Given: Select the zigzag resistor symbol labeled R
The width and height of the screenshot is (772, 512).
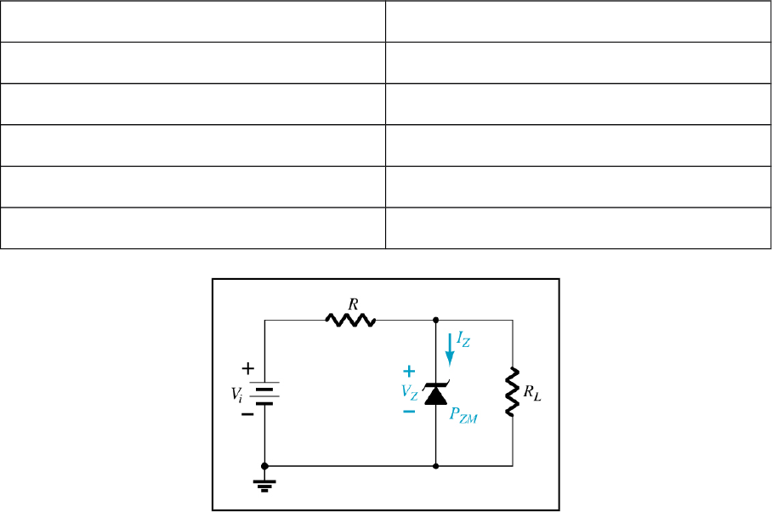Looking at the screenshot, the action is pos(349,321).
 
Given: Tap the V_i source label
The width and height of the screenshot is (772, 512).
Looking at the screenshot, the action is pos(236,394).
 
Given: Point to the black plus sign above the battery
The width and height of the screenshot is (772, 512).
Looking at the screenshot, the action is pos(247,369).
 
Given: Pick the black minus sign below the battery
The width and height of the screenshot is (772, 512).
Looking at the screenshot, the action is pos(247,415).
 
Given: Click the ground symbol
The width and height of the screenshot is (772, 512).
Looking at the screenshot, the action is pos(265,485).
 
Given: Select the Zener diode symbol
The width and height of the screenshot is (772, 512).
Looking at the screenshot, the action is pos(435,394).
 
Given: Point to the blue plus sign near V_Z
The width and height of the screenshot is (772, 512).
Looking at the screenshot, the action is pos(409,371).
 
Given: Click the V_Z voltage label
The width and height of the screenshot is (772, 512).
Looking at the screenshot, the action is pos(411,391).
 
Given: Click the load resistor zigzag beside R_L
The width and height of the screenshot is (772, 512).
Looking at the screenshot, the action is pos(512,391).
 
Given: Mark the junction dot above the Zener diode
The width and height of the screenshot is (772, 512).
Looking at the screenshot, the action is pos(435,321).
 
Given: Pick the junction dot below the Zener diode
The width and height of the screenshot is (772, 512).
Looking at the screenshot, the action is pos(435,466).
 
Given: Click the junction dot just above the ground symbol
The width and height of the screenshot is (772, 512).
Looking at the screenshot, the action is pos(265,466).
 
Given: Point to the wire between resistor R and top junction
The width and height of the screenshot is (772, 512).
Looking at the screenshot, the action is pos(406,321).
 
